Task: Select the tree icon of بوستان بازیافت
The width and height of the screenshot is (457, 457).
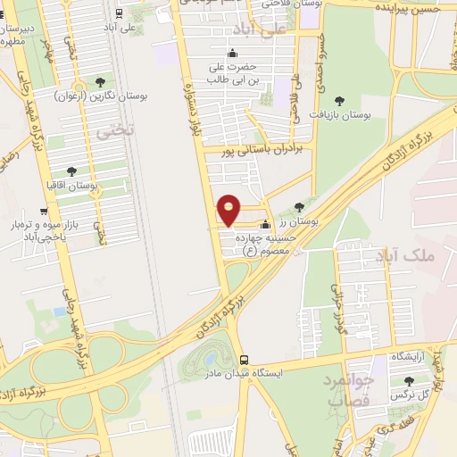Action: click(x=338, y=100)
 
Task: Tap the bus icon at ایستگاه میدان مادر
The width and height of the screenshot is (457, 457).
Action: click(x=233, y=355)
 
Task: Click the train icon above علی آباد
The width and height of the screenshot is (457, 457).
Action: click(x=119, y=12)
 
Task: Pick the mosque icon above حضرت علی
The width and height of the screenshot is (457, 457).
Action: click(x=232, y=53)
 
